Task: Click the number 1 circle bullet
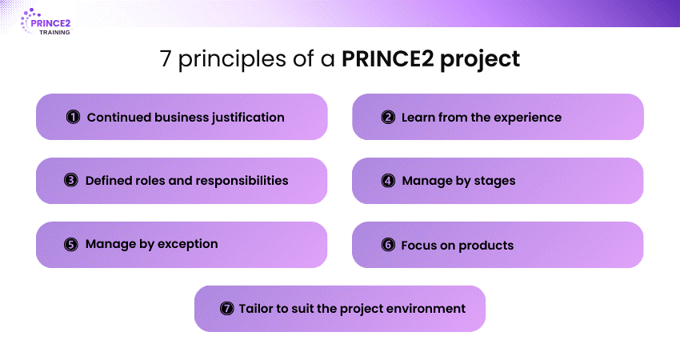tap(73, 118)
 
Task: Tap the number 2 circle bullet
tap(388, 118)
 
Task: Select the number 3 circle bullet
tap(70, 181)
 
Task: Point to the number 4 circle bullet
tap(388, 181)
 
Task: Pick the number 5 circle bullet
tap(70, 244)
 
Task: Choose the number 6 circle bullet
tap(388, 245)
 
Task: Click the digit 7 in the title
tap(166, 60)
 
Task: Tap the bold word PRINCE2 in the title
tap(383, 60)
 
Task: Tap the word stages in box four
tap(494, 181)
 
